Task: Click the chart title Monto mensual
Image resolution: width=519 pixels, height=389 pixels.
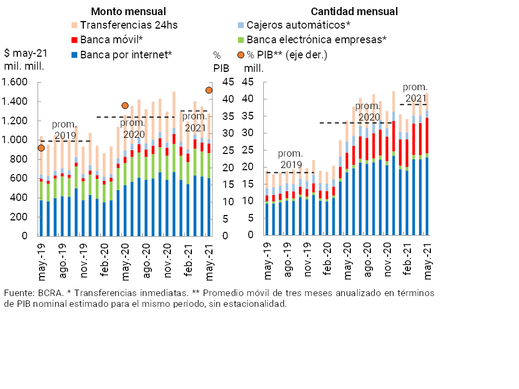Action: click(x=128, y=11)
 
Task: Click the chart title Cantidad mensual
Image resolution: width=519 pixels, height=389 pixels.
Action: click(x=354, y=11)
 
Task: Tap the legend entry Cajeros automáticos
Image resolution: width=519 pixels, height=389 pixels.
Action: click(x=296, y=25)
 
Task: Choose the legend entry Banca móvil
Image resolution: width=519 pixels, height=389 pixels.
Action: click(x=111, y=39)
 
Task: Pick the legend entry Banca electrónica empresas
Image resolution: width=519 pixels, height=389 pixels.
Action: click(x=316, y=39)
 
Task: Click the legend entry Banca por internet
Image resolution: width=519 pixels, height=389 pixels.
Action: click(x=126, y=54)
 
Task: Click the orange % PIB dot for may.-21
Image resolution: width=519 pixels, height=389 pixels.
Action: click(x=209, y=90)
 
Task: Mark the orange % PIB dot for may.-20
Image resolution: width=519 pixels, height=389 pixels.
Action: click(x=125, y=105)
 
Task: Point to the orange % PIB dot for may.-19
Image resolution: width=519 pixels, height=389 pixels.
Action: click(x=41, y=148)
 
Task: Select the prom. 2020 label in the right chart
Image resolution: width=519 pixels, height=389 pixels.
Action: click(x=367, y=111)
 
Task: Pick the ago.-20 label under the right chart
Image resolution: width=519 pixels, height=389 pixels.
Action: click(x=368, y=263)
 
